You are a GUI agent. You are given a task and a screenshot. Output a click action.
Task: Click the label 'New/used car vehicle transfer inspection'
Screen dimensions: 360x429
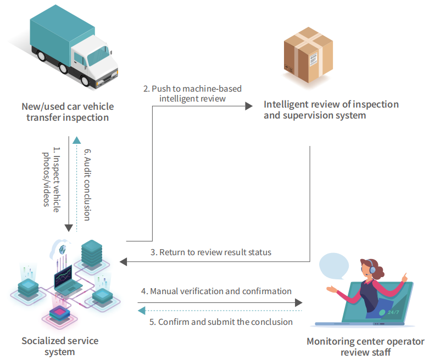[x=68, y=112]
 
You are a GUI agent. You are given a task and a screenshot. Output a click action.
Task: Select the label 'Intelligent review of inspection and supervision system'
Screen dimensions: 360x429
[x=331, y=110]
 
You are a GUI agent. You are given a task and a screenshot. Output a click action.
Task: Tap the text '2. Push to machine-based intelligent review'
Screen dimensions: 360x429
[x=192, y=93]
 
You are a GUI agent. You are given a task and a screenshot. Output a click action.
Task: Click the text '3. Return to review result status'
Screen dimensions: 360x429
[x=211, y=252]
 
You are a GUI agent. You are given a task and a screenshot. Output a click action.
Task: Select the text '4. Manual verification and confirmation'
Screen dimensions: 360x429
[x=216, y=291]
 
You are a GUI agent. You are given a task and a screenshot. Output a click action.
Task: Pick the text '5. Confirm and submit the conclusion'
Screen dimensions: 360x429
[x=221, y=322]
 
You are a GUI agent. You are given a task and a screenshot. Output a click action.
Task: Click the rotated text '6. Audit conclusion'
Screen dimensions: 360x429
[x=87, y=184]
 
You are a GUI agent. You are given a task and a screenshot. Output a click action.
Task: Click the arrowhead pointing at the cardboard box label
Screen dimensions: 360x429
[x=249, y=106]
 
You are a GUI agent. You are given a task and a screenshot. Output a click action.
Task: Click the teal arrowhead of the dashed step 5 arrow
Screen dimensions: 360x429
[x=141, y=311]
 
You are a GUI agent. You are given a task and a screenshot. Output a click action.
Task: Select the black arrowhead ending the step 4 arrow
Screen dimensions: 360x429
[x=298, y=302]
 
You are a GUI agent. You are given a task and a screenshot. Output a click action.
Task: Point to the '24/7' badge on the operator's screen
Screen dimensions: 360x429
[x=393, y=312]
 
